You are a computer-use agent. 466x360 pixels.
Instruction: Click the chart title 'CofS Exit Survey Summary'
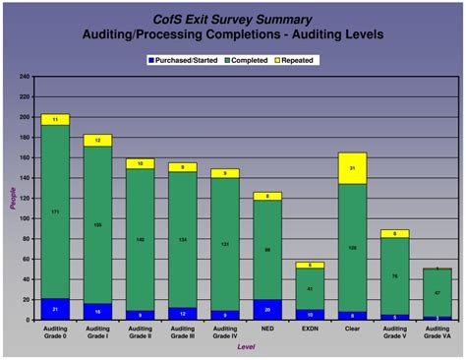click(233, 19)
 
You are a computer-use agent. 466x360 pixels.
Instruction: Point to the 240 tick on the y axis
click(24, 76)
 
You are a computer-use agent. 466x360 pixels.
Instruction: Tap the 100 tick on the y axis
click(24, 218)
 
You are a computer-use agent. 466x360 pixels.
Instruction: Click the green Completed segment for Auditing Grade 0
click(55, 211)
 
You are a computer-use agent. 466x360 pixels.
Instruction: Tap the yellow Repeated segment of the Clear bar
click(352, 168)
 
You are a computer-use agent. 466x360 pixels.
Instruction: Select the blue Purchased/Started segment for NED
click(267, 309)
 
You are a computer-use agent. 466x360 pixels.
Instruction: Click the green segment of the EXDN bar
click(310, 289)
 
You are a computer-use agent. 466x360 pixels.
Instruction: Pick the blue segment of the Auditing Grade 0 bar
click(55, 309)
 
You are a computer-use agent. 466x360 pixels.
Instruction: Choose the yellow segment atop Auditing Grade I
click(97, 141)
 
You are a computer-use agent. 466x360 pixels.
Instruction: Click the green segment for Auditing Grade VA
click(437, 292)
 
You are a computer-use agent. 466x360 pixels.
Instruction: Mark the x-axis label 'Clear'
click(352, 329)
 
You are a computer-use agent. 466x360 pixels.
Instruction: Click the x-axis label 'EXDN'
click(310, 329)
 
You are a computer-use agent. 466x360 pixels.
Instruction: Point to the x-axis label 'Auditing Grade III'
click(182, 331)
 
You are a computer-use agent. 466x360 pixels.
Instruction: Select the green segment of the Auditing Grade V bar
click(394, 276)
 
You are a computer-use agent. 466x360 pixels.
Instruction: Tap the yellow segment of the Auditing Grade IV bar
click(225, 173)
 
